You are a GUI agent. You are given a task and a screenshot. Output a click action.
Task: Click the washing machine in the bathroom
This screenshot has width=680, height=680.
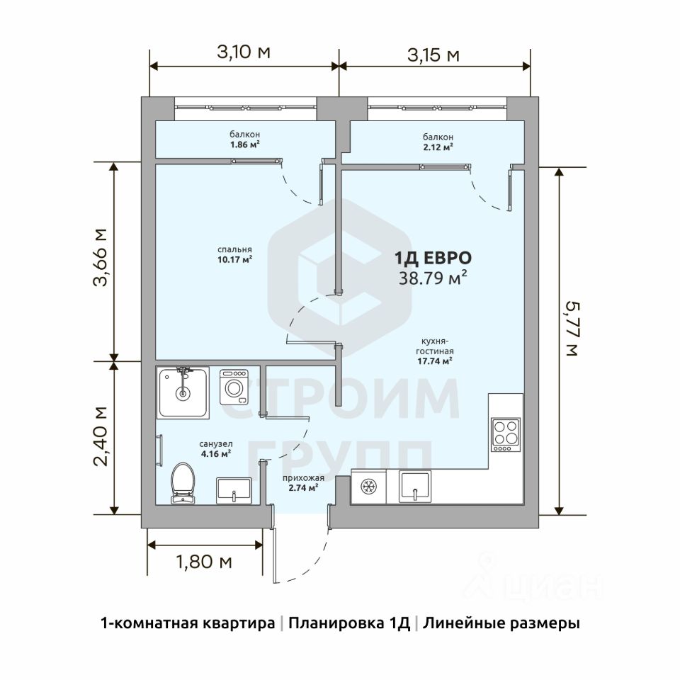click(234, 387)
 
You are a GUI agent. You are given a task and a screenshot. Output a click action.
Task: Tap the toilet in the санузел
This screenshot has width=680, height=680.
click(183, 483)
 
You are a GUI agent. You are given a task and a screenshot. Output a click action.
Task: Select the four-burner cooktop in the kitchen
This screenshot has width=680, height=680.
click(506, 434)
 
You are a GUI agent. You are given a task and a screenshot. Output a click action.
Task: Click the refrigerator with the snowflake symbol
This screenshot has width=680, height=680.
click(368, 487)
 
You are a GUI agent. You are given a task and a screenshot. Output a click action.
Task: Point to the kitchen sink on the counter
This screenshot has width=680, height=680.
click(415, 486)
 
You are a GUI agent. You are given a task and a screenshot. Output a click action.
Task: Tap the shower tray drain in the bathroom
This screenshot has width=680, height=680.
click(183, 394)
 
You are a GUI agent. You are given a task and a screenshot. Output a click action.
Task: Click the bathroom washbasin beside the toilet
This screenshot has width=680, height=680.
click(234, 491)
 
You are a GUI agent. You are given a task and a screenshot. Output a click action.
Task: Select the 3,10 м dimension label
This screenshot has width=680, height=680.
click(244, 52)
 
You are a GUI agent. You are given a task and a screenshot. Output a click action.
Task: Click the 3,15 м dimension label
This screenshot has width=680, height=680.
click(433, 55)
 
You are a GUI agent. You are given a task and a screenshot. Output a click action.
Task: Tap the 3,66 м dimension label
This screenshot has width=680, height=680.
click(100, 256)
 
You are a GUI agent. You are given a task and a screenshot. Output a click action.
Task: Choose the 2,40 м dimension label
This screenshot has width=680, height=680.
click(100, 436)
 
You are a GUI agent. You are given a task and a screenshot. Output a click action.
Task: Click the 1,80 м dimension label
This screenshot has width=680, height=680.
click(204, 562)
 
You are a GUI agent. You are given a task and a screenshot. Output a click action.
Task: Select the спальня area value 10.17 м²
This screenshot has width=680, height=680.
click(234, 260)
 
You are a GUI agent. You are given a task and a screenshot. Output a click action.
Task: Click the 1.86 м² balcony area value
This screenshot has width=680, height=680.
click(245, 144)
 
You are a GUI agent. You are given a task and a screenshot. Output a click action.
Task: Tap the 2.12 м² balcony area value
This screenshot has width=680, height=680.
click(438, 147)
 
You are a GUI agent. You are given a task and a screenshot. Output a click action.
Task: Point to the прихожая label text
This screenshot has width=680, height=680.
click(304, 478)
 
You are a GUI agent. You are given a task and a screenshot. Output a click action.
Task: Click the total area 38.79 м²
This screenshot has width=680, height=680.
click(433, 278)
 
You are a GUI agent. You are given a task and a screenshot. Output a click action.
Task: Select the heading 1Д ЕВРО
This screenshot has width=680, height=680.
click(433, 258)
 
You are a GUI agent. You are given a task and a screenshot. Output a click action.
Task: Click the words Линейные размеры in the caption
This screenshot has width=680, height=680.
click(501, 623)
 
